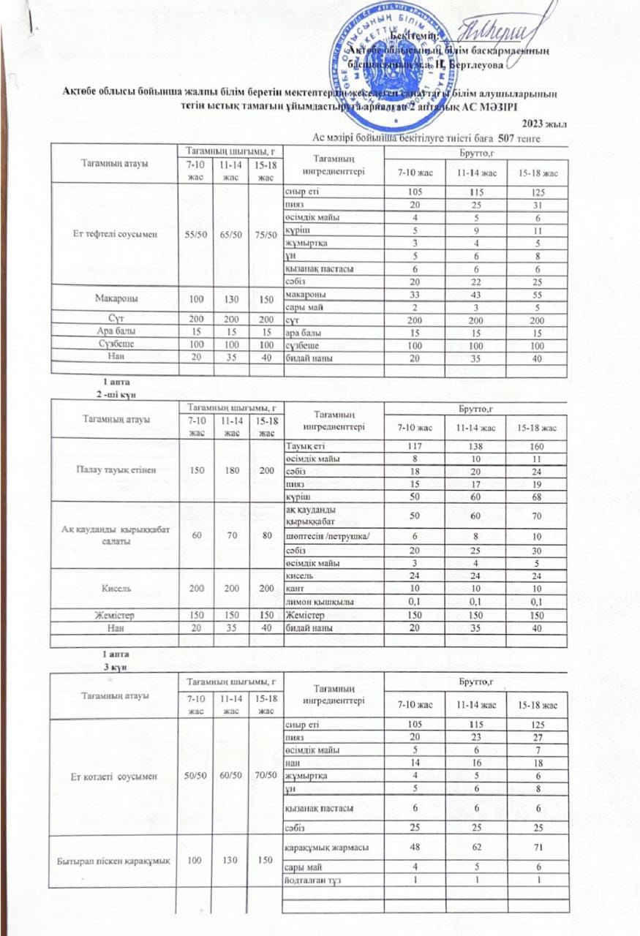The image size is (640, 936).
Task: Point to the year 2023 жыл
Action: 544,124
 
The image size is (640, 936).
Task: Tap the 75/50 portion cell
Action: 265,238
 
